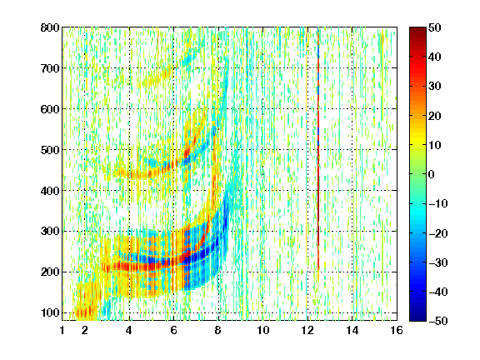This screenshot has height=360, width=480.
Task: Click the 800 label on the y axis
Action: click(x=50, y=27)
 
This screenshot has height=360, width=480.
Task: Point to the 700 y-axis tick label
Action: click(x=50, y=68)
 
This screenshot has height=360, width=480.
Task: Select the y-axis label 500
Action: click(x=50, y=150)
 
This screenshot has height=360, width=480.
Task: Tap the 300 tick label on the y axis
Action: click(x=50, y=232)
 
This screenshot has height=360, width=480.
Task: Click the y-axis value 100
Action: click(x=50, y=312)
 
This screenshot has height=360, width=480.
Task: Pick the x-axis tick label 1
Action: click(x=62, y=330)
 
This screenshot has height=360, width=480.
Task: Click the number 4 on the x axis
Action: click(x=129, y=330)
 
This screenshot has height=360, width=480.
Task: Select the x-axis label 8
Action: click(x=217, y=330)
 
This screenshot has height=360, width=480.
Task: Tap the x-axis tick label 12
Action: click(x=307, y=330)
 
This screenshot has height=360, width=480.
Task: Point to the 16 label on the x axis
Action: click(x=397, y=330)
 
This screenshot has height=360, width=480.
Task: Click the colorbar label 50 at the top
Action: click(x=435, y=27)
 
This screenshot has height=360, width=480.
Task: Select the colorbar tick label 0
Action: click(x=432, y=174)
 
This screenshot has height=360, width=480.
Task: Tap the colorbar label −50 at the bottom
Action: click(x=438, y=321)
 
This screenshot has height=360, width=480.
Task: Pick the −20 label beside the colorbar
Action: click(x=438, y=233)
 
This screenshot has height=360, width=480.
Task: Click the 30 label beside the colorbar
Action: click(x=435, y=87)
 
